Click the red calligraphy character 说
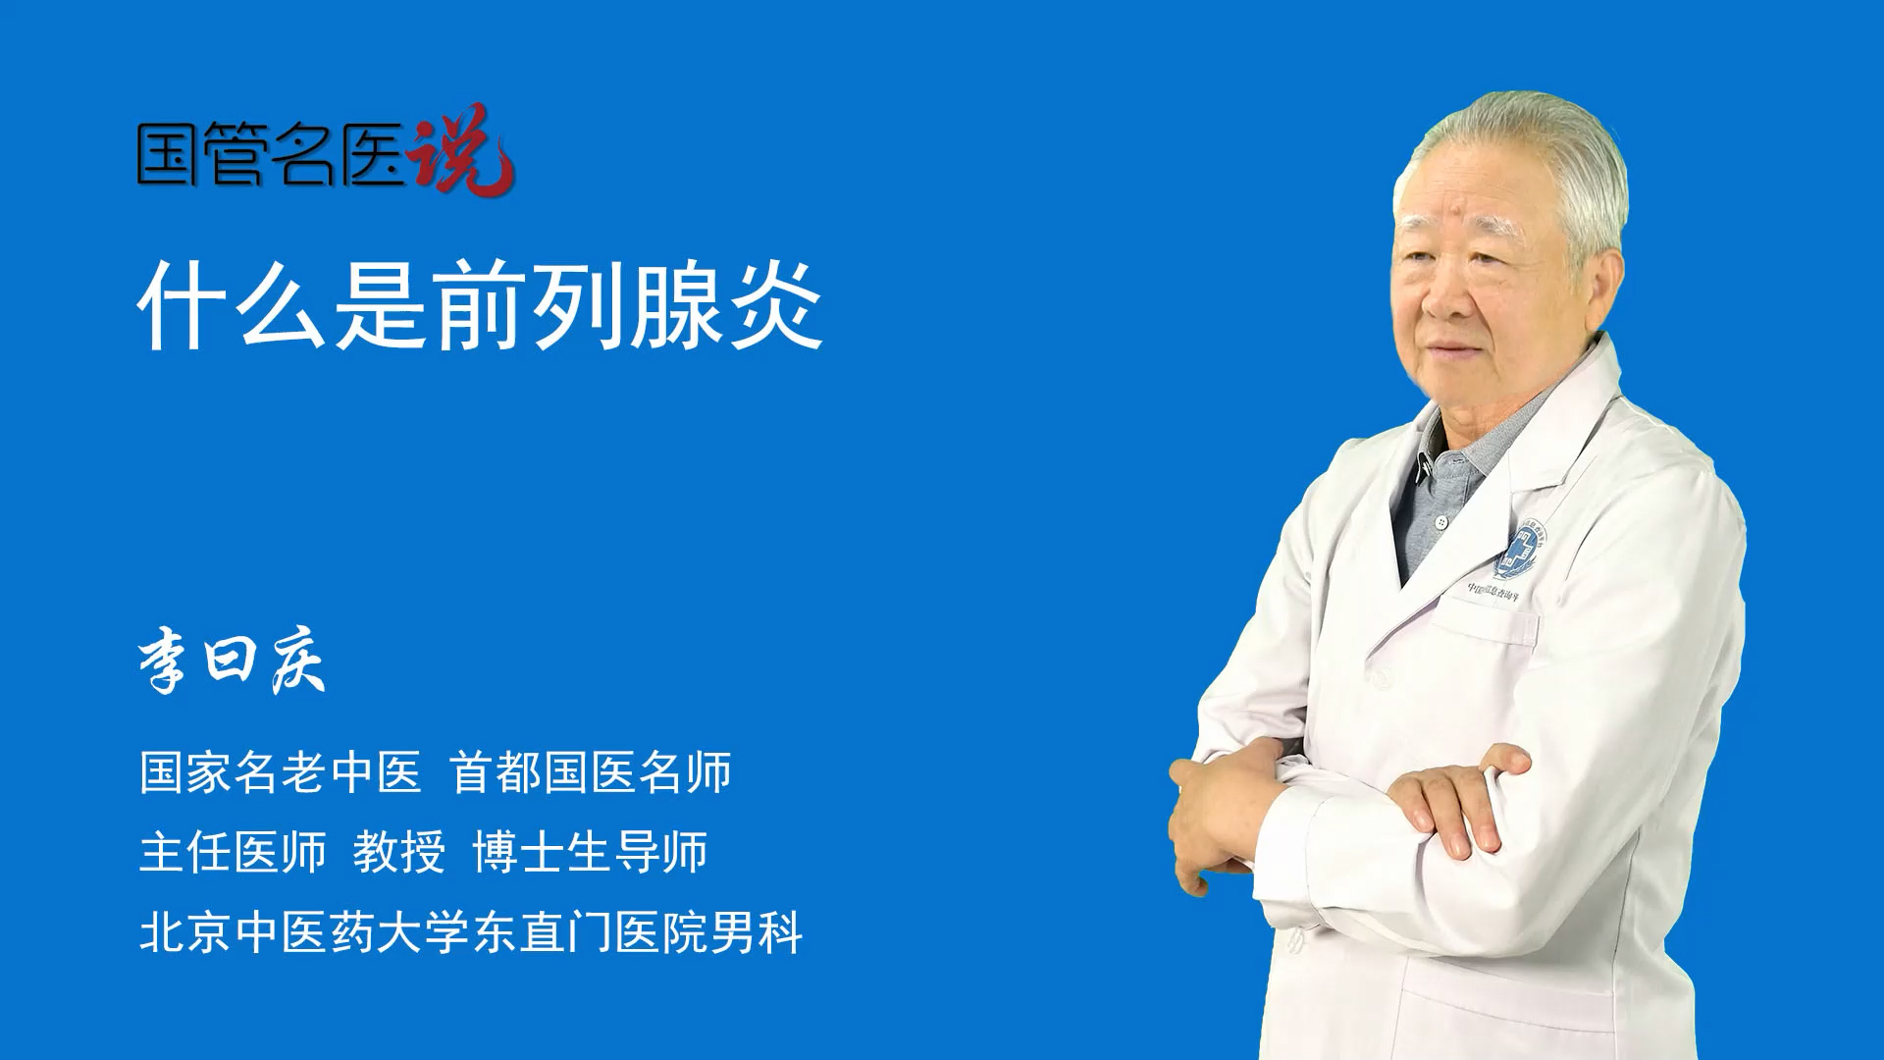pyautogui.click(x=461, y=150)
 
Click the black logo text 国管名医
pyautogui.click(x=271, y=155)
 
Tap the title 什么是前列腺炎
pyautogui.click(x=481, y=305)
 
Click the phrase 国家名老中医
pyautogui.click(x=281, y=772)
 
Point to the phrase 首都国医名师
pyautogui.click(x=592, y=772)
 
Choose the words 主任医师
pyautogui.click(x=233, y=852)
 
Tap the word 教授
pyautogui.click(x=399, y=852)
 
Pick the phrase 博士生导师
pyautogui.click(x=591, y=852)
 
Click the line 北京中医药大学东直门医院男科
pyautogui.click(x=472, y=931)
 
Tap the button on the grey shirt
pyautogui.click(x=1440, y=522)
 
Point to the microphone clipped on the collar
pyautogui.click(x=1422, y=468)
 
